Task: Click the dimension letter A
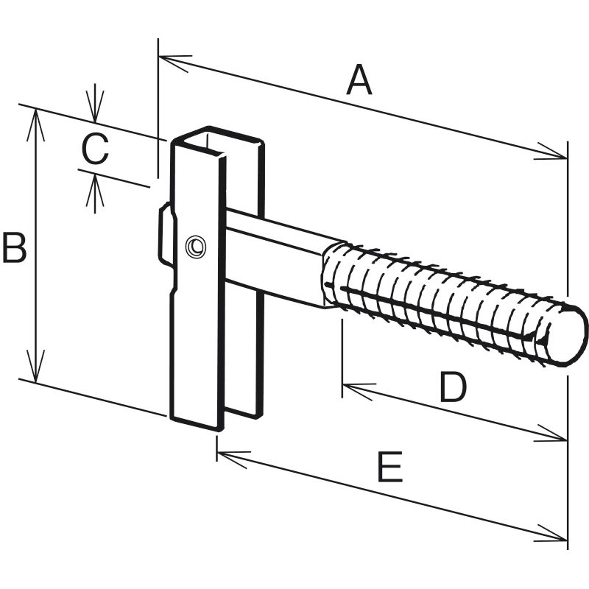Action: (x=359, y=80)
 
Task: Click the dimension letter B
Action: (x=14, y=248)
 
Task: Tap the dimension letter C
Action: (x=95, y=149)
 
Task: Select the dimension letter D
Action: (x=453, y=387)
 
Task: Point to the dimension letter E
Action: (x=389, y=468)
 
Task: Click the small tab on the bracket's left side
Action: (x=166, y=234)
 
